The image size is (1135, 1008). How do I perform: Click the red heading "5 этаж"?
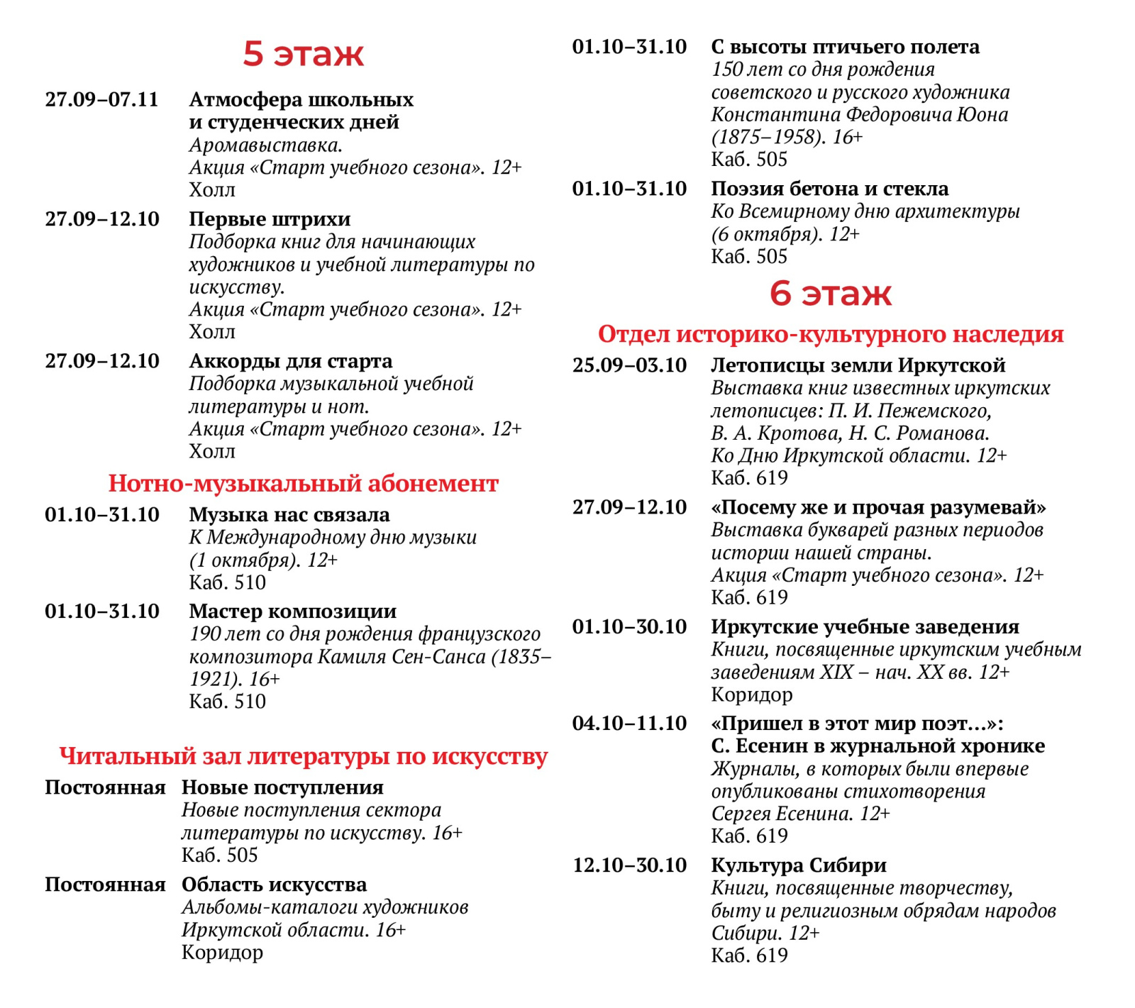coord(303,53)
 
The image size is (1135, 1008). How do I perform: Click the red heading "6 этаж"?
coord(830,293)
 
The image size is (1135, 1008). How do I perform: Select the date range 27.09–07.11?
coord(102,99)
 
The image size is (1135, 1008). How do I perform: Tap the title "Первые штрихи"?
coord(270,218)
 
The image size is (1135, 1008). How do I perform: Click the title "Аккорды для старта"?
coord(290,361)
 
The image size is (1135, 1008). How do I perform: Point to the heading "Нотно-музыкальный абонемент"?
coord(303,483)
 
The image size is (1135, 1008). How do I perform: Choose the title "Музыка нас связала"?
coord(289,514)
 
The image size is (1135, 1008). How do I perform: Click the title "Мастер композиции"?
coord(292,611)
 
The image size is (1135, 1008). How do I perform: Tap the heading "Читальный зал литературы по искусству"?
coord(303,756)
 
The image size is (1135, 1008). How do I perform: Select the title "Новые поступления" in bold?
coord(282,787)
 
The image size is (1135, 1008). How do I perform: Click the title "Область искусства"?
coord(274,885)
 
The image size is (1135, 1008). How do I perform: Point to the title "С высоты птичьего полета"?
coord(845,47)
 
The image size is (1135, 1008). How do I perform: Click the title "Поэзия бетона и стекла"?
coord(829,189)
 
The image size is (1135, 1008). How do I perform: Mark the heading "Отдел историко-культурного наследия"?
coord(830,333)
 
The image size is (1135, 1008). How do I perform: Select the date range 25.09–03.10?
coord(629,365)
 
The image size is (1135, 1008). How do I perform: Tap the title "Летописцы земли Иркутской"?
coord(858,365)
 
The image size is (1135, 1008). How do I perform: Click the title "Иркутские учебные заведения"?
coord(865,626)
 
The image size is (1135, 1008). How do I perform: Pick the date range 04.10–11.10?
coord(629,724)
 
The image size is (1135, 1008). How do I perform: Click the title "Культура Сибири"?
coord(799,865)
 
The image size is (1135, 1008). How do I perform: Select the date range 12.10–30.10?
coord(629,865)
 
